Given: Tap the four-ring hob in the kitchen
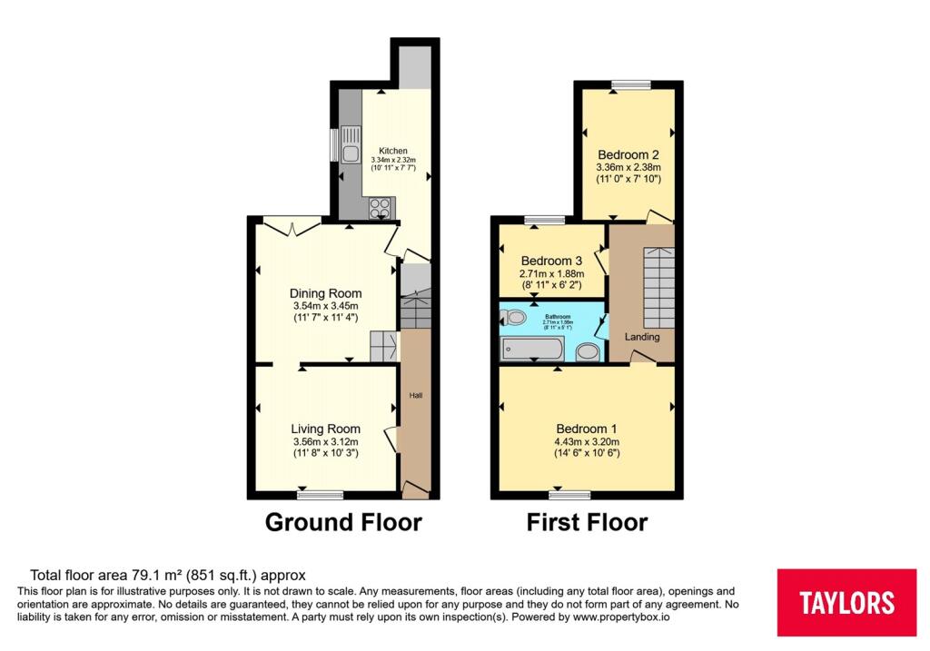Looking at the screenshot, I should (379, 207).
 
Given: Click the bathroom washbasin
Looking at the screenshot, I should (588, 351).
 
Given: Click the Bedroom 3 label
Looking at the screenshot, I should (550, 261).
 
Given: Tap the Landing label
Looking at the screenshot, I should (642, 337).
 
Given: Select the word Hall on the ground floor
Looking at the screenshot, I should (416, 395).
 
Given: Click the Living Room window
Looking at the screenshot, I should (321, 495).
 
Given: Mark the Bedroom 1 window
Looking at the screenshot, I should (569, 495).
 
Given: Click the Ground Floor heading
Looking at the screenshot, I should (343, 523).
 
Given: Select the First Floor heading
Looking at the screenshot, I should (588, 523).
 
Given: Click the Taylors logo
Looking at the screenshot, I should (846, 602).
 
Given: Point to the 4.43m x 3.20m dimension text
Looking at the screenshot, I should (587, 442).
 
